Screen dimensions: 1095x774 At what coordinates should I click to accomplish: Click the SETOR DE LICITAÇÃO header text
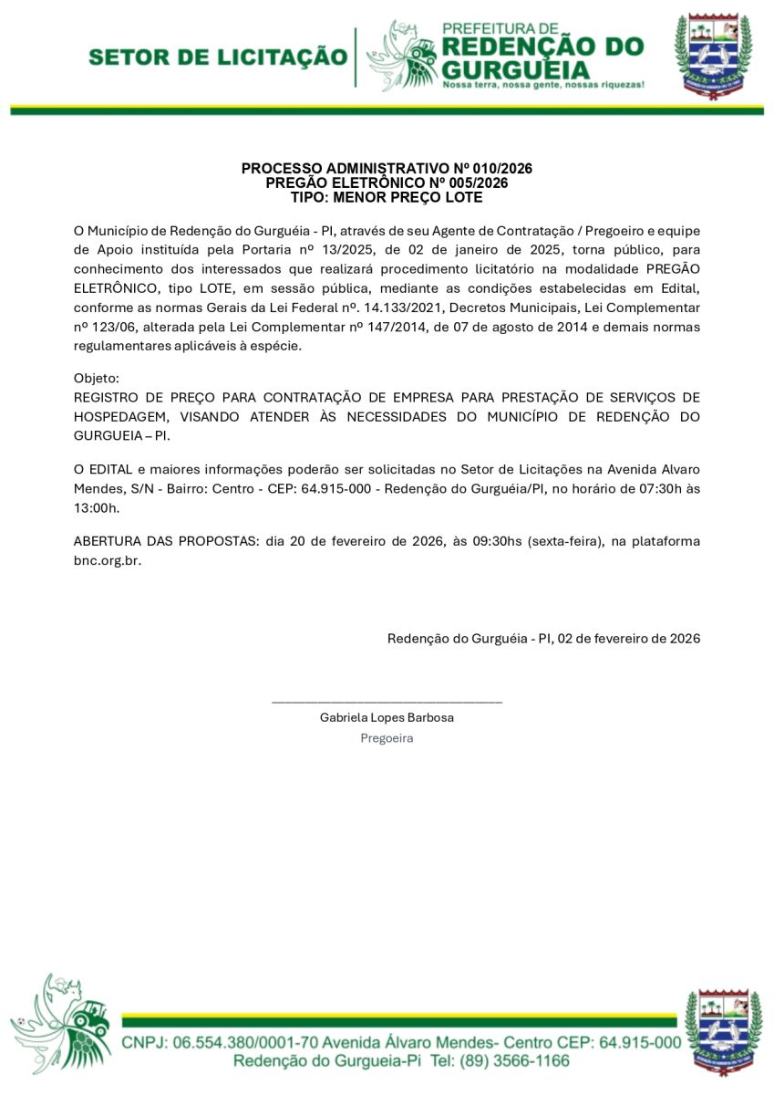[217, 57]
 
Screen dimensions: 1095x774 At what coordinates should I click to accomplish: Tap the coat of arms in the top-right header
[714, 57]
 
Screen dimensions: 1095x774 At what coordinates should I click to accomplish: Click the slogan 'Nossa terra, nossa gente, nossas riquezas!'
[543, 84]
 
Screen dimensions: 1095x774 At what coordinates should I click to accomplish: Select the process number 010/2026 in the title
[502, 169]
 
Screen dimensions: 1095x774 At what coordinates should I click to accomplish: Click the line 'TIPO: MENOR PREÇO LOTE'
[387, 197]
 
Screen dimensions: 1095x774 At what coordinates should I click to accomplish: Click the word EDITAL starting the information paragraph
[109, 469]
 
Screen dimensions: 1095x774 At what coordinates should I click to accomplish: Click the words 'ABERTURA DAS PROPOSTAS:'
[166, 541]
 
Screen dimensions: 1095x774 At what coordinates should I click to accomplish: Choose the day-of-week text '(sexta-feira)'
[562, 541]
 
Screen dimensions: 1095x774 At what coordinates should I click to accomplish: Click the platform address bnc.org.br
[107, 560]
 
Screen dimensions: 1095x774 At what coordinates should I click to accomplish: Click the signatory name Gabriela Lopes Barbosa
[387, 717]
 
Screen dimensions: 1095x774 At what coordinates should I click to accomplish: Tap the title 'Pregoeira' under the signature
[387, 738]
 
